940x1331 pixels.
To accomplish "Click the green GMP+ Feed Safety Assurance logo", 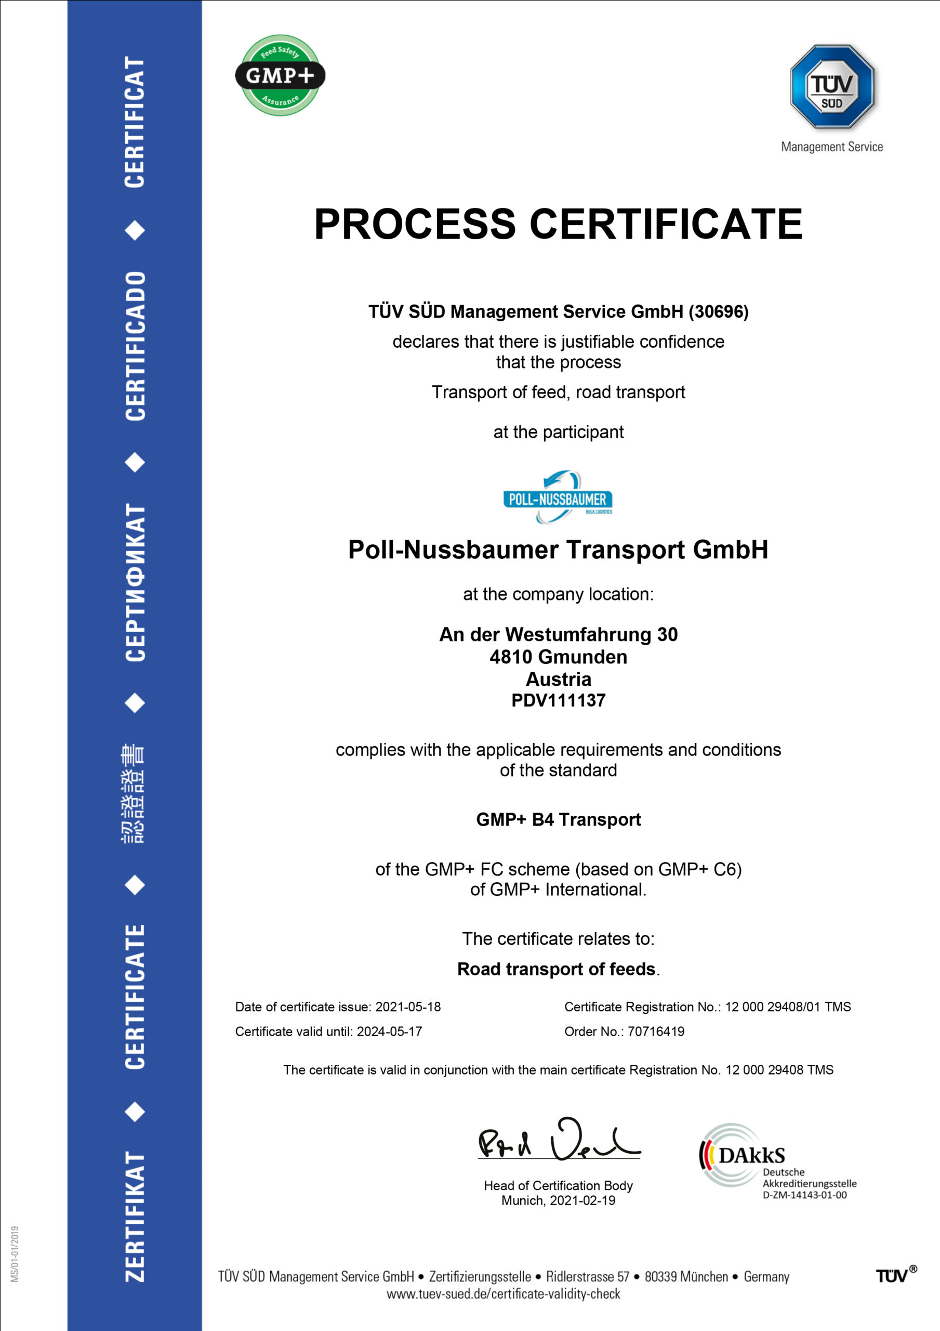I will tap(280, 75).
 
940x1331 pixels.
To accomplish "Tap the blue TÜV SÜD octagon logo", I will tap(832, 87).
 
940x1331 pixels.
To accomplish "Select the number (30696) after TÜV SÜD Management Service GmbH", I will tap(719, 312).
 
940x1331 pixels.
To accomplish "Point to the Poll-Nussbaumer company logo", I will tap(558, 498).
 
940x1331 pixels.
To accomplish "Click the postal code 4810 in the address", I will tap(511, 657).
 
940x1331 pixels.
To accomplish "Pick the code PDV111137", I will tap(558, 700).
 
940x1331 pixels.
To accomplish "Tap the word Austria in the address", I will tap(558, 679).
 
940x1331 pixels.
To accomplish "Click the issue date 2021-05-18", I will tap(408, 1007).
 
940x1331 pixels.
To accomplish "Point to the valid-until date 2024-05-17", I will tap(389, 1032).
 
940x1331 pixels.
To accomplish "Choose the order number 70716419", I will tap(656, 1032).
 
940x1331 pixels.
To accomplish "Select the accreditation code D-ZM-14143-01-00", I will tap(804, 1195).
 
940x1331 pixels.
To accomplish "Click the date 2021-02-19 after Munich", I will tap(582, 1200).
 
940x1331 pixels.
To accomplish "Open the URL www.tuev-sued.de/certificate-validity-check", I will tap(503, 1294).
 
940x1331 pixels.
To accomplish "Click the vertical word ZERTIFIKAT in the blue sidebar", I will tap(135, 1216).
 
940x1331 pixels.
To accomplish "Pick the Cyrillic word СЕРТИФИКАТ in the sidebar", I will tap(135, 582).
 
